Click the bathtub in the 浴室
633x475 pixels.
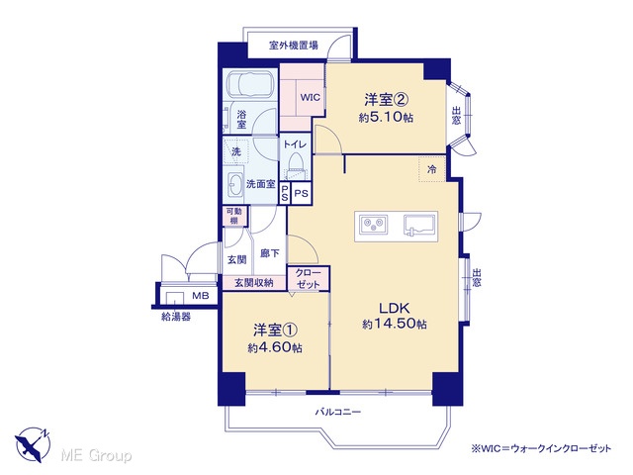[x=250, y=84]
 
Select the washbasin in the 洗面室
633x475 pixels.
[x=234, y=186]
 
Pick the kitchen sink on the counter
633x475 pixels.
[x=419, y=225]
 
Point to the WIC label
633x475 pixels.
[x=310, y=97]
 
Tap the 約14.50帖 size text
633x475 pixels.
[x=394, y=324]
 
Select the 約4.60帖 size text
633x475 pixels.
[x=275, y=347]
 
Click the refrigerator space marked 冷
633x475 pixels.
[x=431, y=169]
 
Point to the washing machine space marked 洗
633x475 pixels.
[x=235, y=151]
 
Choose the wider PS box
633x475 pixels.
[x=301, y=194]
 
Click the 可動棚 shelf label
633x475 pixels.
[x=234, y=216]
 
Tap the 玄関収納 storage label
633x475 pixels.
[x=254, y=283]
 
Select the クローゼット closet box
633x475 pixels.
[x=309, y=278]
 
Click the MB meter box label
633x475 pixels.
[x=200, y=296]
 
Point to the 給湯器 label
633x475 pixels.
[x=176, y=317]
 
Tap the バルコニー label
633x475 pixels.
[x=338, y=412]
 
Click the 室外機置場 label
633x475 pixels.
[x=294, y=45]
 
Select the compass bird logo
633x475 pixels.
[x=33, y=444]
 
